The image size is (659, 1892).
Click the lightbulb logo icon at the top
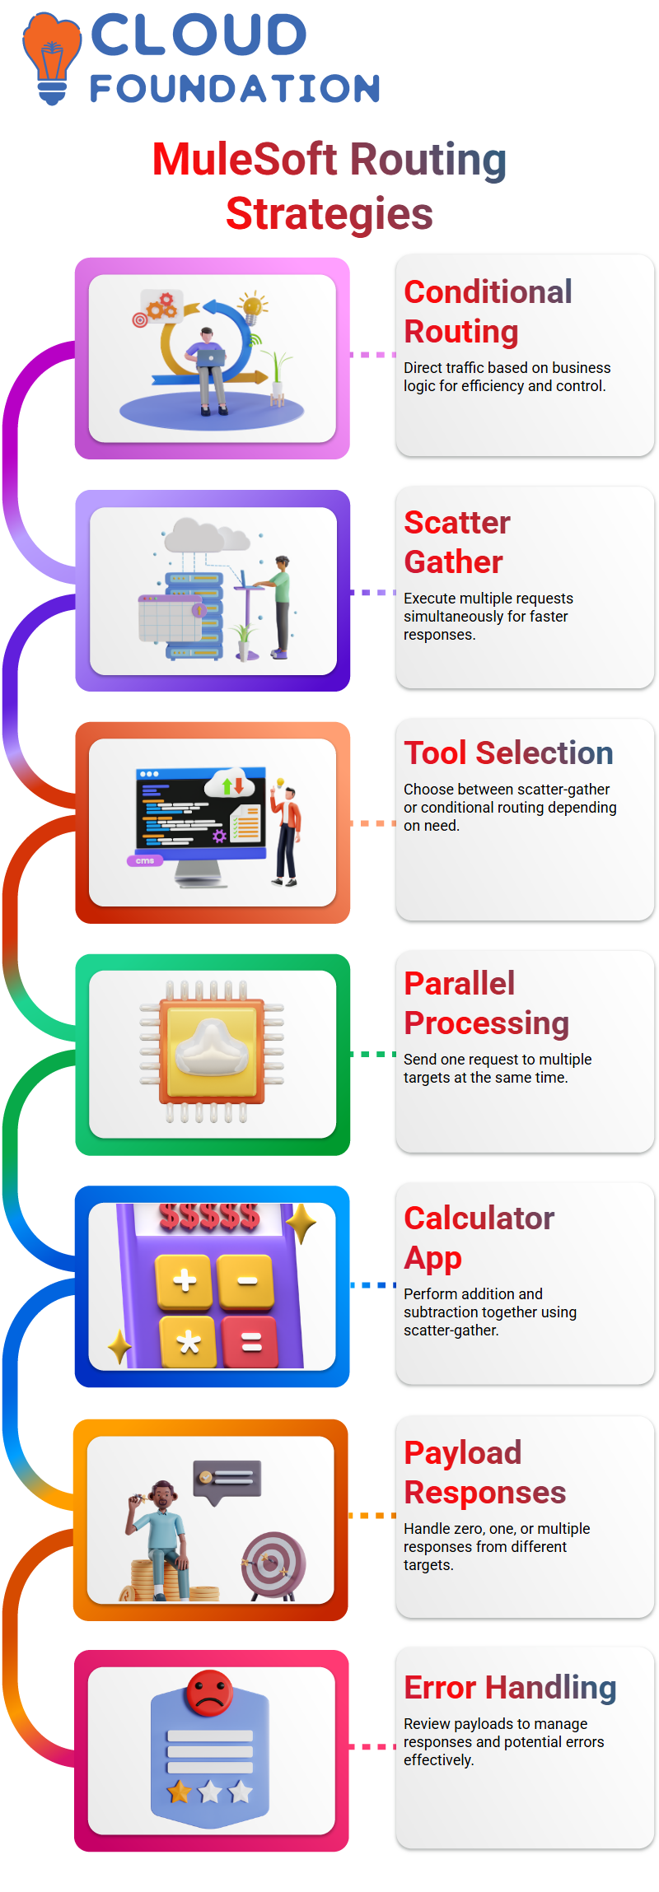pos(52,58)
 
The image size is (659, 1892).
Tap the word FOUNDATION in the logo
pos(235,89)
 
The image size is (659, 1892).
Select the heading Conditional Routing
pos(488,311)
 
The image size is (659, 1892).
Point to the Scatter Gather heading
pos(457,542)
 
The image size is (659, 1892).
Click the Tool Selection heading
pos(508,753)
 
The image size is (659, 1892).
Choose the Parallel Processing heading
pos(486,1003)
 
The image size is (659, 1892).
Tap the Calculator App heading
pos(479,1237)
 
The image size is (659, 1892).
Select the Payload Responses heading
pos(484,1472)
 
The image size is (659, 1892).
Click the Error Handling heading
pos(510,1687)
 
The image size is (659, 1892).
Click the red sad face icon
pos(210,1692)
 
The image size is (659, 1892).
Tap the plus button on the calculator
pos(185,1280)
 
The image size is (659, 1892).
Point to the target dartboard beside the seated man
pos(273,1563)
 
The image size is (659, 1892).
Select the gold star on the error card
pos(180,1791)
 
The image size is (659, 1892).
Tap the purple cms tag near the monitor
pos(145,860)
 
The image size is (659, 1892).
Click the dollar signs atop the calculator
pos(209,1217)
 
